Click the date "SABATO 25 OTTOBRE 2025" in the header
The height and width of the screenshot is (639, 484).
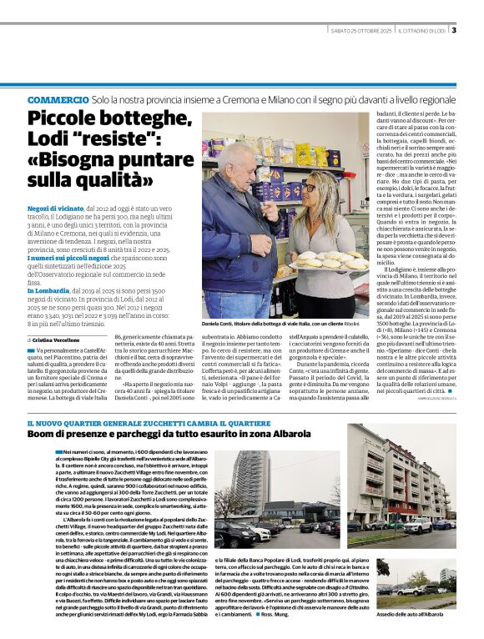pyautogui.click(x=360, y=32)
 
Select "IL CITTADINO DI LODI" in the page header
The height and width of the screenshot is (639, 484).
pyautogui.click(x=421, y=32)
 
